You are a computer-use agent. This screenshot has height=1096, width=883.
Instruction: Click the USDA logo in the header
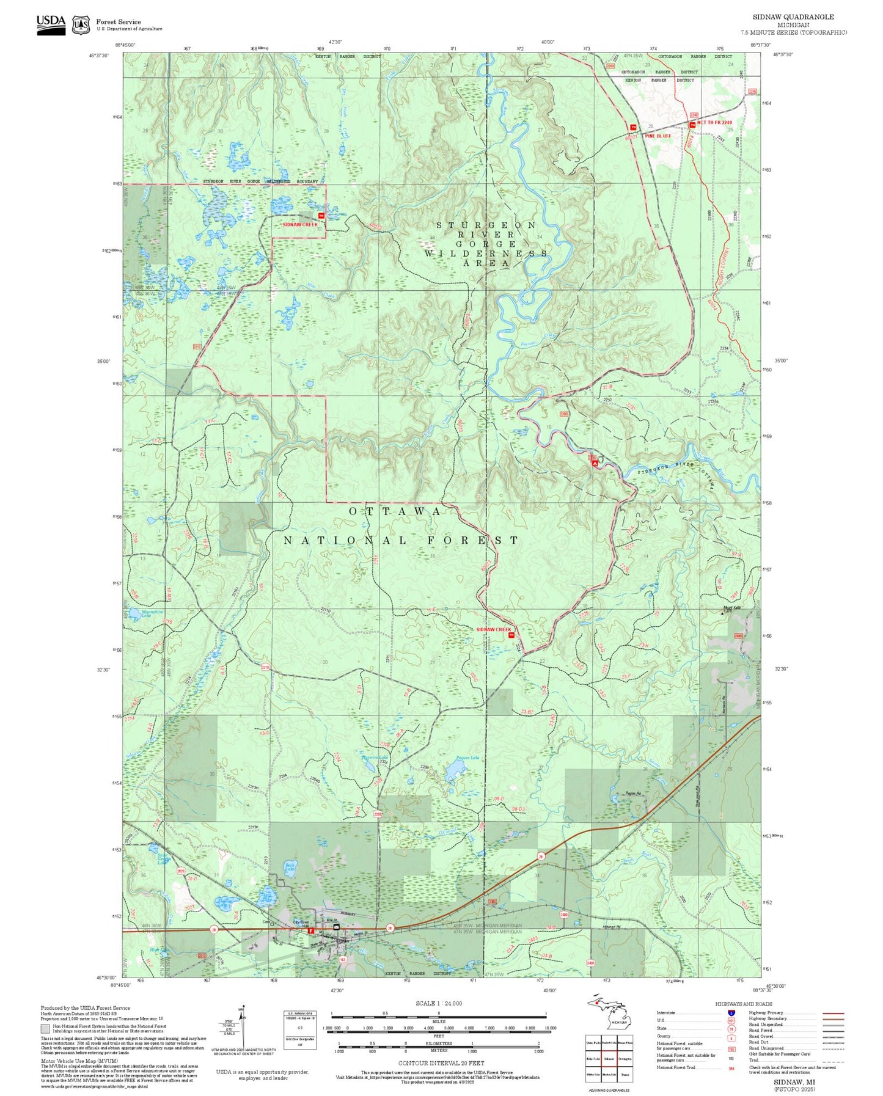(x=51, y=24)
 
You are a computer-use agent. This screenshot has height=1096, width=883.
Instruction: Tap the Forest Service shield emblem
(x=81, y=25)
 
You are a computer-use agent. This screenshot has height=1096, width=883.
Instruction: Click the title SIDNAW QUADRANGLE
(x=793, y=17)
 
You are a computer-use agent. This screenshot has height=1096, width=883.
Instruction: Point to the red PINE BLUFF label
(x=658, y=136)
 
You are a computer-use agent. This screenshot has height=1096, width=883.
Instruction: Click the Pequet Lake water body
(x=455, y=771)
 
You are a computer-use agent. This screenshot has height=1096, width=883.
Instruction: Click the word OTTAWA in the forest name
(x=395, y=511)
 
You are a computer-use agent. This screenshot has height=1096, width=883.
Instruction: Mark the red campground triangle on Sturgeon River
(x=595, y=464)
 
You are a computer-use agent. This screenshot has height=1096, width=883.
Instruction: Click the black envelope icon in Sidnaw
(x=336, y=927)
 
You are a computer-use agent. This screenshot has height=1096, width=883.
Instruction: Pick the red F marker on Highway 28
(x=312, y=931)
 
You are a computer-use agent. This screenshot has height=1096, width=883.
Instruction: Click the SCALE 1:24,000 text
(x=438, y=1003)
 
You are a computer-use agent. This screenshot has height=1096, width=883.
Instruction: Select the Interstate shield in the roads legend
(x=731, y=1012)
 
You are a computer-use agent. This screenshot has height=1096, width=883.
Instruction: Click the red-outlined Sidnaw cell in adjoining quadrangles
(x=609, y=1058)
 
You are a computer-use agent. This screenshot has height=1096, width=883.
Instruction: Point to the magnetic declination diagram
(x=243, y=1026)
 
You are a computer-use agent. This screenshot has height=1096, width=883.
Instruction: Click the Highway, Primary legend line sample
(x=833, y=1013)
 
